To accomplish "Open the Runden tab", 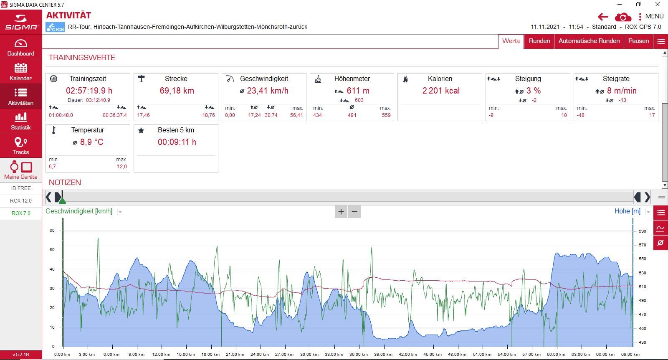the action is point(539,41).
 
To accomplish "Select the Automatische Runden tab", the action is point(589,41).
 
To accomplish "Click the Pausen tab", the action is point(638,41).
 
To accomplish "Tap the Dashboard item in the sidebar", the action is point(21,47).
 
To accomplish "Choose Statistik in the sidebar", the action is point(21,121).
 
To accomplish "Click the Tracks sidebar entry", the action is point(21,146).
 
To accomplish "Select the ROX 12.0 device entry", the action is point(21,201).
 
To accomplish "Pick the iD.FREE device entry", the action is point(21,188).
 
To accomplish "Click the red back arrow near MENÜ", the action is point(603,17).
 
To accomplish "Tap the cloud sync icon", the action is point(623,17).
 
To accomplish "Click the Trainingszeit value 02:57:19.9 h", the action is point(89,91).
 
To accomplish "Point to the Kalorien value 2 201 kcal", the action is point(441,91).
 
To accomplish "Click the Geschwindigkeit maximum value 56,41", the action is point(296,115).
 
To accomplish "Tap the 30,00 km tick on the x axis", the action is point(309,354).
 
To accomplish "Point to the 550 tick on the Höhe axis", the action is point(642,259).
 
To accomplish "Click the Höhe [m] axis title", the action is point(627,211).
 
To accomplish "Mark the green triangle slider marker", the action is point(62,200).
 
